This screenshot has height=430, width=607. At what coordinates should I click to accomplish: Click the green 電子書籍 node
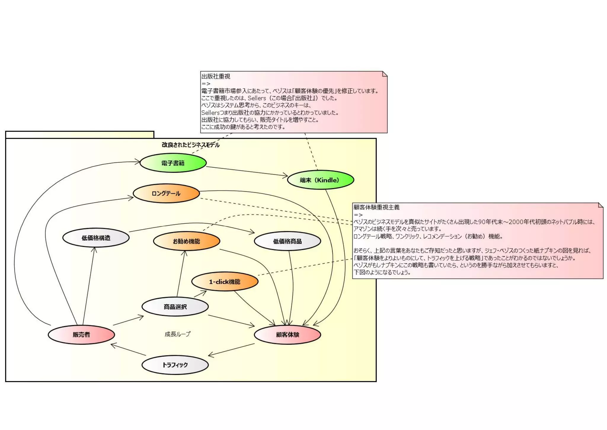pyautogui.click(x=173, y=163)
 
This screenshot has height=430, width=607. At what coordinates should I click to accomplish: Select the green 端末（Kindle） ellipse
pyautogui.click(x=320, y=180)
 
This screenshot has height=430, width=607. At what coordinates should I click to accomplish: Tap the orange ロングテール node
pyautogui.click(x=166, y=194)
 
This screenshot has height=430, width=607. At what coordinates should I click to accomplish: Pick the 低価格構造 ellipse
pyautogui.click(x=96, y=238)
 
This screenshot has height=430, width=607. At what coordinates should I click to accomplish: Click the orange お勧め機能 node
pyautogui.click(x=186, y=241)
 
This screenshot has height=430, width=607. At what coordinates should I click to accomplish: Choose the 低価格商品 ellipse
pyautogui.click(x=287, y=241)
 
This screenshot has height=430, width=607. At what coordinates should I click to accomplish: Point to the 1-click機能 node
pyautogui.click(x=225, y=282)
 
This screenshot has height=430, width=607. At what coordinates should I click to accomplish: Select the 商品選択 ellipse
pyautogui.click(x=175, y=307)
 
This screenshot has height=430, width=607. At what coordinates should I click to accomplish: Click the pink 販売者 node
pyautogui.click(x=81, y=335)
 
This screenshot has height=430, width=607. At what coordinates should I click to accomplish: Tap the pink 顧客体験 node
pyautogui.click(x=287, y=335)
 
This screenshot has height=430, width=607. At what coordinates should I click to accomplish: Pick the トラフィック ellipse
pyautogui.click(x=175, y=365)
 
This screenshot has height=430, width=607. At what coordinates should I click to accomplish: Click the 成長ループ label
pyautogui.click(x=178, y=334)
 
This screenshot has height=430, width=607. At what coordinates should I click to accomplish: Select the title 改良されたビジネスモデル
pyautogui.click(x=191, y=145)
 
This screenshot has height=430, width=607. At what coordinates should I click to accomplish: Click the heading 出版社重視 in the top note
pyautogui.click(x=216, y=76)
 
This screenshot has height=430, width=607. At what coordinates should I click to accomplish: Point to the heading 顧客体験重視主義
pyautogui.click(x=376, y=207)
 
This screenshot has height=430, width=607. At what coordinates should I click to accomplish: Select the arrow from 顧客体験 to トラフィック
pyautogui.click(x=231, y=350)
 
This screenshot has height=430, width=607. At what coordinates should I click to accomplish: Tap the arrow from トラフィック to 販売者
pyautogui.click(x=128, y=350)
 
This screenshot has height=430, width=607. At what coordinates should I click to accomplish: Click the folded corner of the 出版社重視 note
pyautogui.click(x=384, y=74)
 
